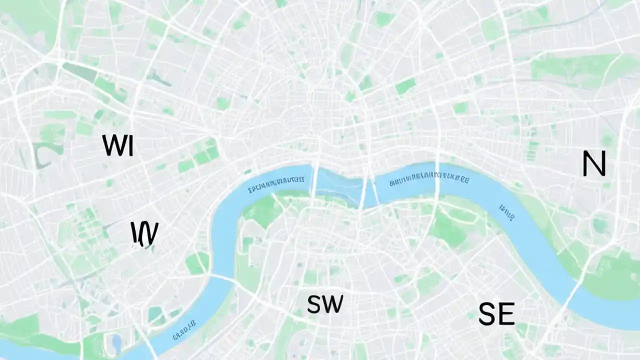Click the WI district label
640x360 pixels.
pyautogui.click(x=118, y=145)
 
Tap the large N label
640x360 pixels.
pyautogui.click(x=594, y=163)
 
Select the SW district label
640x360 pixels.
pyautogui.click(x=325, y=304)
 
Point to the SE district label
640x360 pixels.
pyautogui.click(x=496, y=314)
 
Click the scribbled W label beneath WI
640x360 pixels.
pyautogui.click(x=144, y=233)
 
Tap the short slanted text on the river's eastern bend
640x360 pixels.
pyautogui.click(x=506, y=212)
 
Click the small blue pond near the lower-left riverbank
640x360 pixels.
pyautogui.click(x=116, y=342)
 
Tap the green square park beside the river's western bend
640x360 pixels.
pyautogui.click(x=197, y=263)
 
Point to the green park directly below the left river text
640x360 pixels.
pyautogui.click(x=262, y=210)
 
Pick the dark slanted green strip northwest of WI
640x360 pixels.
pyautogui.click(x=80, y=72)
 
